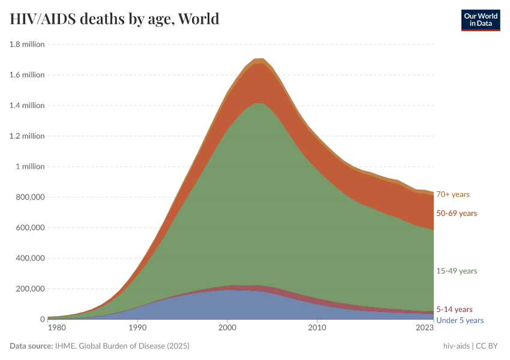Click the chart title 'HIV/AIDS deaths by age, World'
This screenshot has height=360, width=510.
coord(115,19)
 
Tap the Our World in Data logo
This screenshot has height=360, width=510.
coord(480,20)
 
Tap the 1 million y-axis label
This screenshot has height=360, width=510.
coord(30,167)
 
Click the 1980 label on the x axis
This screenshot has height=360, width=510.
coord(56,328)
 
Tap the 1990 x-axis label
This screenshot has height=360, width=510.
coord(137,328)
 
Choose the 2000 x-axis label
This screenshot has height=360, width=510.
coord(227,328)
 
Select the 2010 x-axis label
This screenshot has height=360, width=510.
coord(317,328)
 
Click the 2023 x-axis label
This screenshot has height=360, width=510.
coord(424,328)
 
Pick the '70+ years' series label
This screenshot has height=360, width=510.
coord(453,194)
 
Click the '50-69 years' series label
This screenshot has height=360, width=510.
coord(457,214)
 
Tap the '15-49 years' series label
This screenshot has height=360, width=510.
coord(457,271)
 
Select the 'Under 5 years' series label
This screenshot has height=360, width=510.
coord(460,320)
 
